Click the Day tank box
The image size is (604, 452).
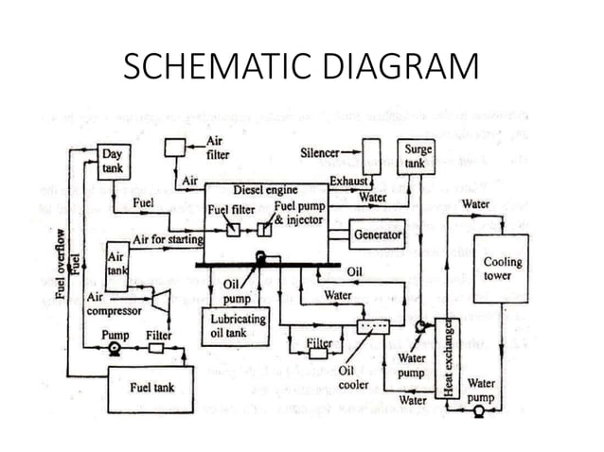[x=113, y=162]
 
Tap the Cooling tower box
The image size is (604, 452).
[x=502, y=268]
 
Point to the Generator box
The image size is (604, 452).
[x=377, y=233]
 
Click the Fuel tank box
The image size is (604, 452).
[x=151, y=388]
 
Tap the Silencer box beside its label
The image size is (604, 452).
[x=372, y=156]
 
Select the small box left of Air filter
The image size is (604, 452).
[x=175, y=148]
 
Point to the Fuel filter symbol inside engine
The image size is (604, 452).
[x=233, y=230]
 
